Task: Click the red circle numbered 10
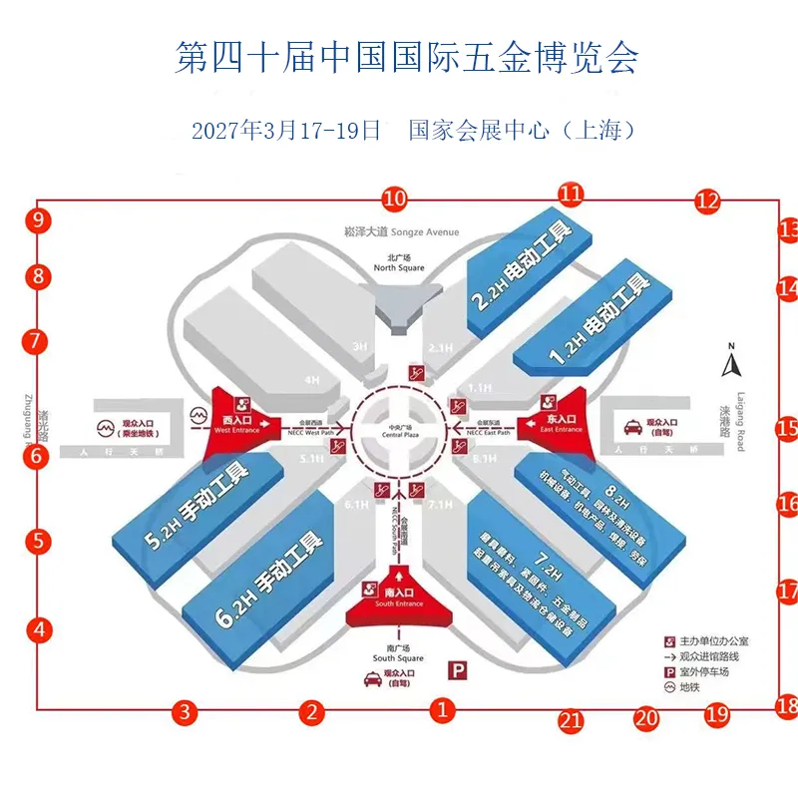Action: click(x=395, y=198)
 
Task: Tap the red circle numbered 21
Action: click(x=570, y=720)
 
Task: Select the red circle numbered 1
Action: click(x=442, y=710)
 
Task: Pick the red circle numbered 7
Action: click(x=36, y=341)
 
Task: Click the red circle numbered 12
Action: click(x=707, y=200)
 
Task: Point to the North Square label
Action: click(x=399, y=263)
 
